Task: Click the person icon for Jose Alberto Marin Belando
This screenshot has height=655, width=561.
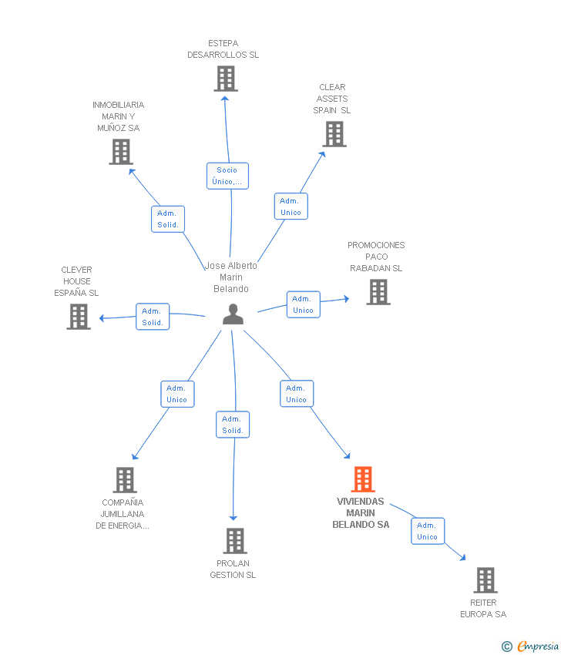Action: point(233,314)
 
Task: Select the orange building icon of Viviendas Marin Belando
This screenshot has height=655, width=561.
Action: point(363,479)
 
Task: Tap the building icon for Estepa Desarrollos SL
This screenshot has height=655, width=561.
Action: point(226,79)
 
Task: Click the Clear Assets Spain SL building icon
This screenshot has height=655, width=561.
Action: point(334,134)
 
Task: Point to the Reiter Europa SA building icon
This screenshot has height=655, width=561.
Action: point(485,580)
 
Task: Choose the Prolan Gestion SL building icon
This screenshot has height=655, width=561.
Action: point(235,541)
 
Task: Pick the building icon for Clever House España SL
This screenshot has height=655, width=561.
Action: point(79,317)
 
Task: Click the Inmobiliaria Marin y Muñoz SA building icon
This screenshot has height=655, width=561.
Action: point(121,152)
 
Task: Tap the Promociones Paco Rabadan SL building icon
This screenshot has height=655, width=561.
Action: point(378,292)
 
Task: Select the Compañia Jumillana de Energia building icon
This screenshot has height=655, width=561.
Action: point(125,480)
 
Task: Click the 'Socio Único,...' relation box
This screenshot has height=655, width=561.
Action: point(227,176)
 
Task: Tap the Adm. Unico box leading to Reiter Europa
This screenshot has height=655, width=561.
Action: point(428,531)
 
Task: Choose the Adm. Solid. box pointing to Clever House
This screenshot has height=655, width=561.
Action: point(153,317)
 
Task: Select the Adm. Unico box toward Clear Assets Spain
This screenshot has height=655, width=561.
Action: point(291,207)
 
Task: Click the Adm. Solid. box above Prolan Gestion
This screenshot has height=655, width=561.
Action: point(233,425)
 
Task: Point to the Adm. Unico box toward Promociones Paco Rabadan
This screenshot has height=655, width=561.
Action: point(304,304)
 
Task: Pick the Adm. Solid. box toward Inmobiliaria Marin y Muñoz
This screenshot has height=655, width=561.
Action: point(168,219)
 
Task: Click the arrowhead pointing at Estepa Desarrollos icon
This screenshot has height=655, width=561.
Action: point(225,99)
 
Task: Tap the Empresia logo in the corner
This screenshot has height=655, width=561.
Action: point(530,647)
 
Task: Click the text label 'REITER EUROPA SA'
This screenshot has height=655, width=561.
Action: point(483,609)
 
